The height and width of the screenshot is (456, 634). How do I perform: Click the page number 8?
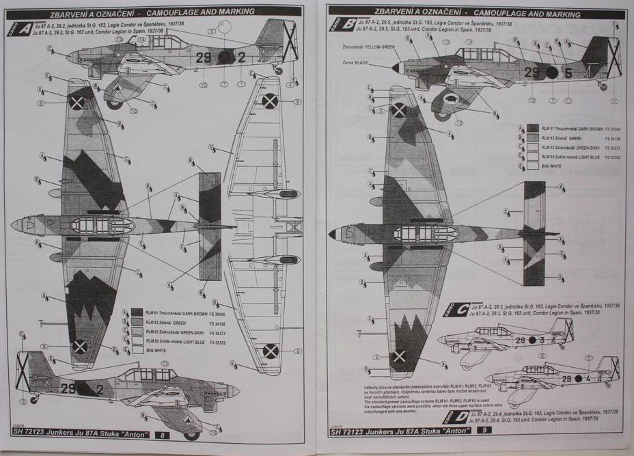pyautogui.click(x=162, y=435)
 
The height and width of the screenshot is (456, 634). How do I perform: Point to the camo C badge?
pyautogui.click(x=456, y=310)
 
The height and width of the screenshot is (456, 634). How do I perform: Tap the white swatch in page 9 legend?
pyautogui.click(x=532, y=166)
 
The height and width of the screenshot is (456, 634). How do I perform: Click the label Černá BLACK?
pyautogui.click(x=356, y=63)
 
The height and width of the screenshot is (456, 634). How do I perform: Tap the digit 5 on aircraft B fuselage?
pyautogui.click(x=568, y=71)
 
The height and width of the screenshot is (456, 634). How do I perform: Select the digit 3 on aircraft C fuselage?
pyautogui.click(x=542, y=340)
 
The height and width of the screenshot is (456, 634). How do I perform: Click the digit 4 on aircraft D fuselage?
pyautogui.click(x=578, y=378)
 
